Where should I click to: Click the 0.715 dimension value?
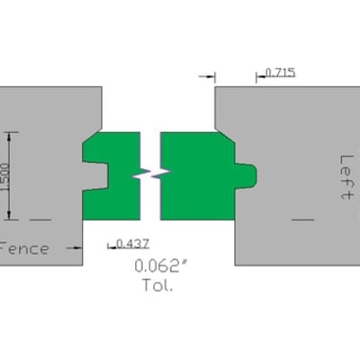pos(281,73)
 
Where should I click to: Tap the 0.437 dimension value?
pos(132,244)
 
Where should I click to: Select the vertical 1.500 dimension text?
pos(4,177)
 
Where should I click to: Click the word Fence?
pos(24,248)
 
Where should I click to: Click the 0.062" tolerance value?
pos(161,265)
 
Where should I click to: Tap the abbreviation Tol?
pos(157,285)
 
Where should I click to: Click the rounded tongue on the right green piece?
pos(246,176)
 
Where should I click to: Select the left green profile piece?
pos(111,176)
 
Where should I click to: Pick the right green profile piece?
pos(198,176)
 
